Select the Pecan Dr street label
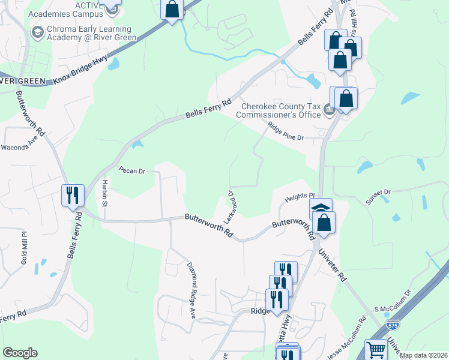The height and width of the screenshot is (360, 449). point(132,171)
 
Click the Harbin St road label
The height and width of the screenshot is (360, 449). point(104,193)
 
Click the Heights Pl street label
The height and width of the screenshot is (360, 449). point(300,196)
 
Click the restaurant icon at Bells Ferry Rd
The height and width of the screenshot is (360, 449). point(73,195)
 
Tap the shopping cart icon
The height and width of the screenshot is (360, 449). point(376,349)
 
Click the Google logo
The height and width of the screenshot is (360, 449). point(20,353)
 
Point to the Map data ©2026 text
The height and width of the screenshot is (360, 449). point(423,355)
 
